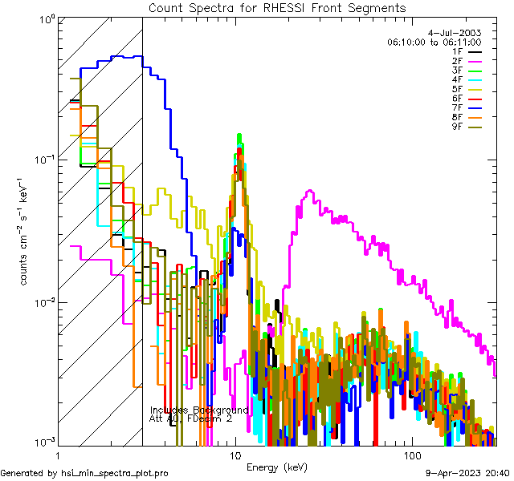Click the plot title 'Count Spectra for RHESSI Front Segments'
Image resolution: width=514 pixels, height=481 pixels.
pos(277,8)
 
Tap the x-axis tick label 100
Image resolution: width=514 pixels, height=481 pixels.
pos(411,455)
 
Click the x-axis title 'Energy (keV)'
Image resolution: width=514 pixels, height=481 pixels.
pos(277,467)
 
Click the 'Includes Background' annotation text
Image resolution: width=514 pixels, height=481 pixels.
pos(199,410)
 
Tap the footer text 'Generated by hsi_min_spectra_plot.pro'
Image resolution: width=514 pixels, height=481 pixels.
pos(84,474)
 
